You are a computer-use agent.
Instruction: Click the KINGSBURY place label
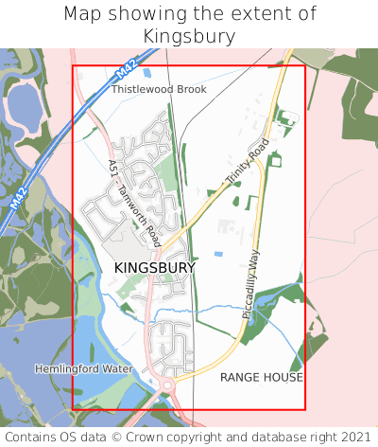point(155,269)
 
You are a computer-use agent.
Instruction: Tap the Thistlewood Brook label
point(159,89)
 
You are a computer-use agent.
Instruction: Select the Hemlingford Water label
point(84,367)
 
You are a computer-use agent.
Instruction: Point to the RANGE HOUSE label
point(262,377)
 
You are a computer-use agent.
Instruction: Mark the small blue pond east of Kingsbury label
point(219,254)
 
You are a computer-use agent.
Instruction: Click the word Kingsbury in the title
point(189,36)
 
